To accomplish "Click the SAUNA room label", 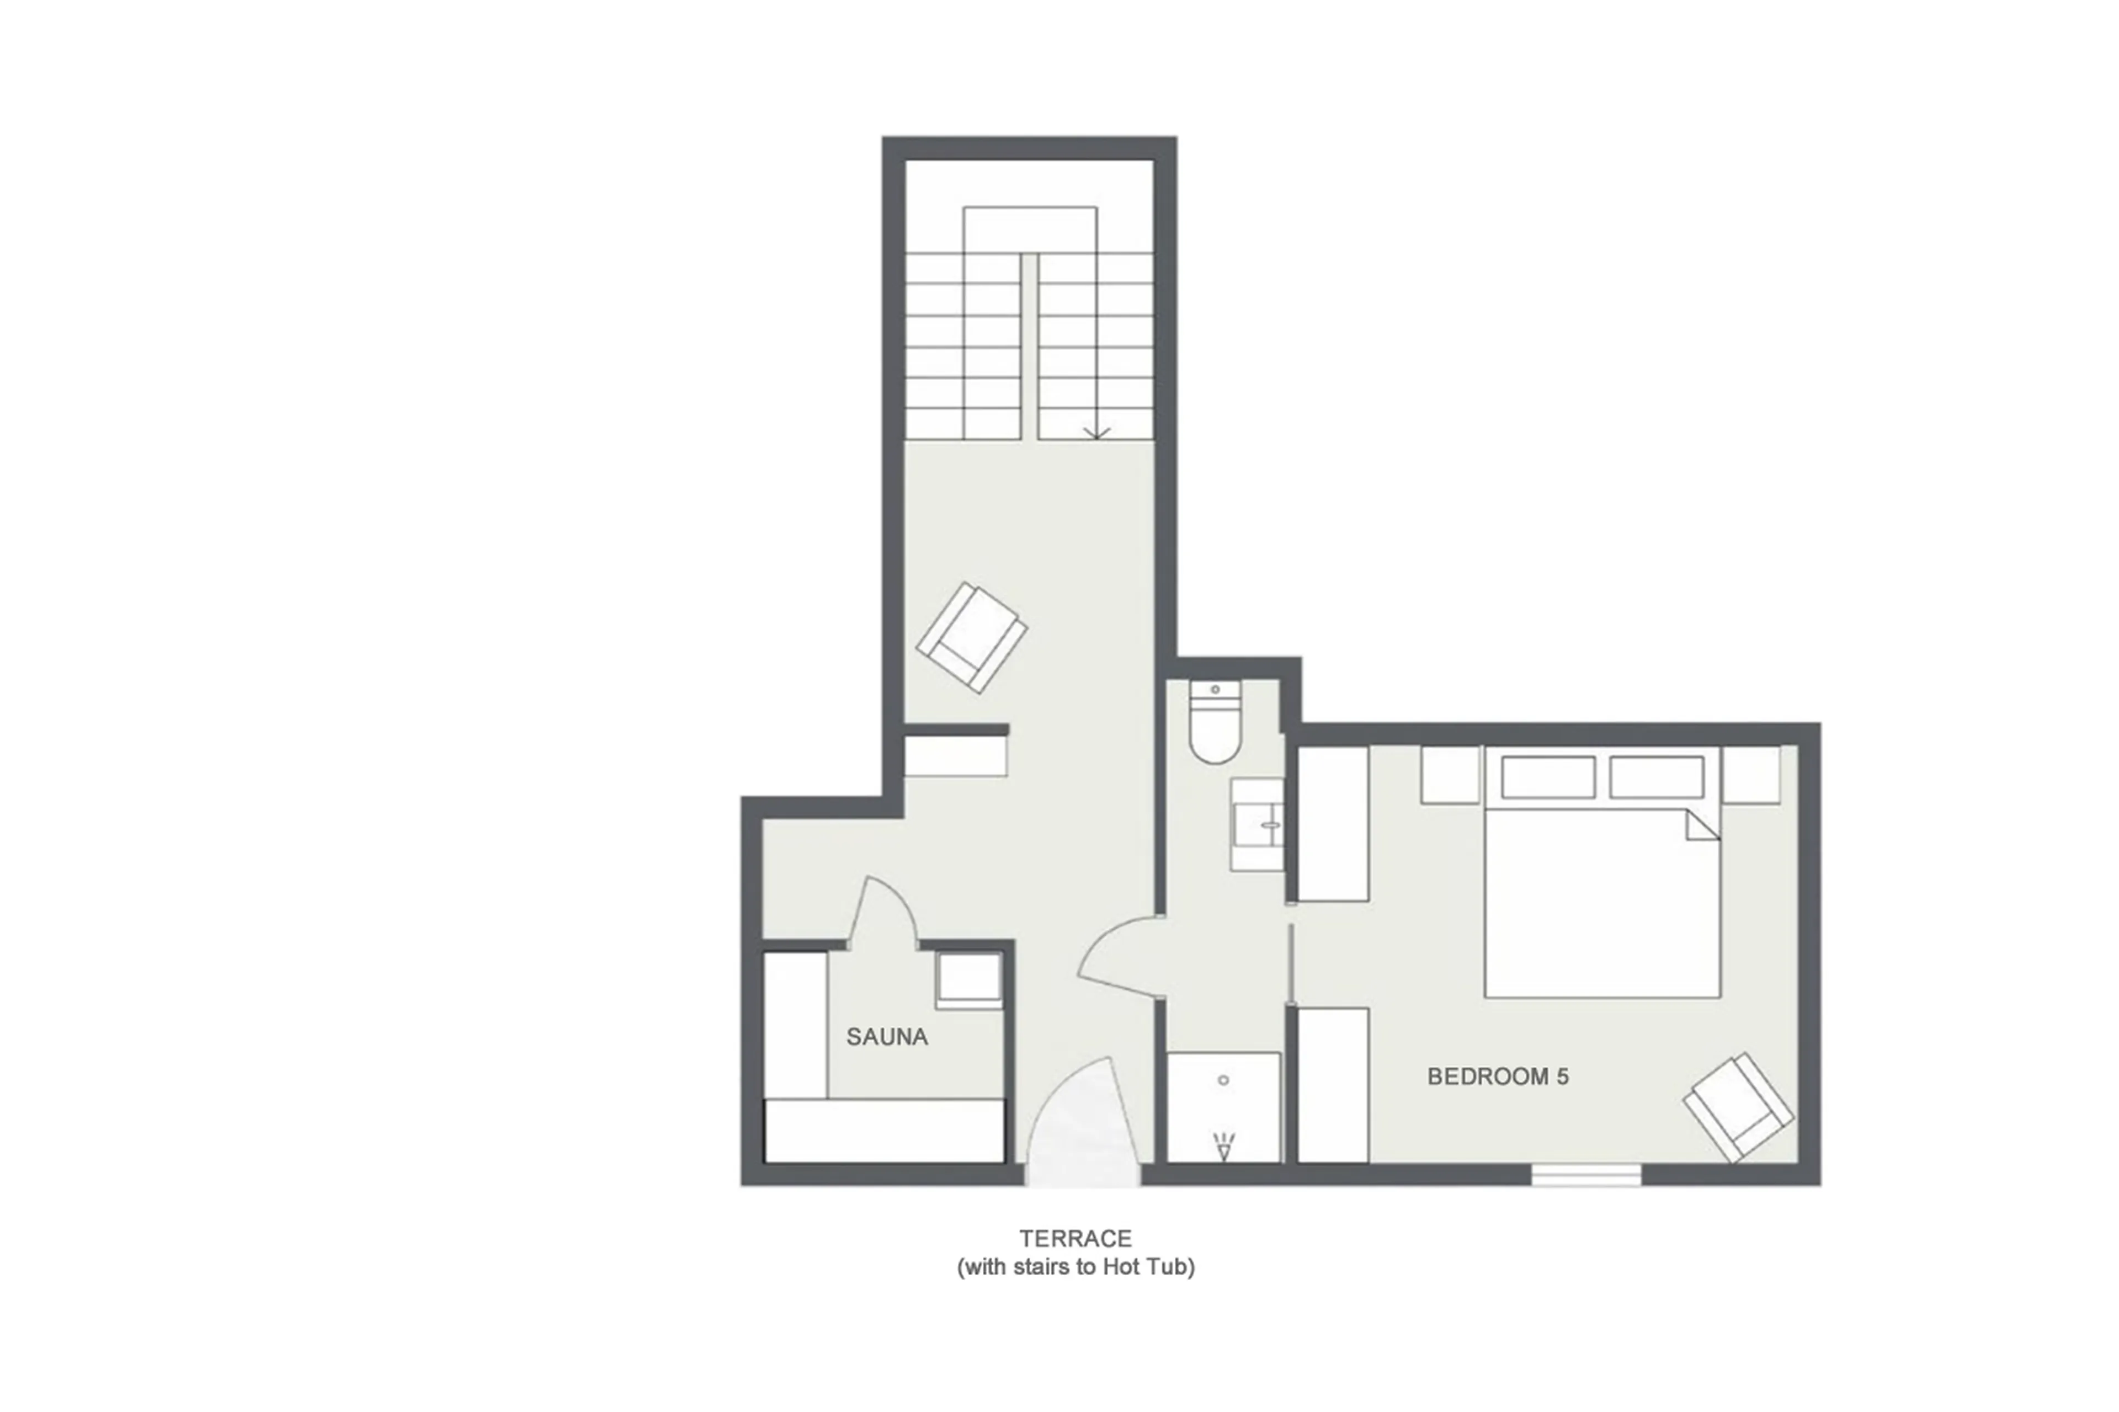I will [886, 1036].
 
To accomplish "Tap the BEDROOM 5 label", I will [1498, 1076].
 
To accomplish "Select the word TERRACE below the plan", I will [1076, 1238].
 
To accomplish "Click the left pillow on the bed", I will [1547, 777].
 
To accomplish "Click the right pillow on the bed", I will [1656, 777].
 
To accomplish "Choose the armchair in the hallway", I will [971, 637].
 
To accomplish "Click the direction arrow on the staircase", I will [1096, 432].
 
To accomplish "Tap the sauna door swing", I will [882, 914].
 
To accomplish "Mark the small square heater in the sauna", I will [968, 980].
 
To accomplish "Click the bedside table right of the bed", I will [1751, 775].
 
